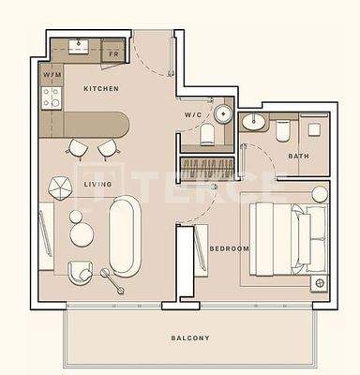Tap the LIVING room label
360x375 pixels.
click(x=97, y=185)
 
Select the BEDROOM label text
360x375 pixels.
click(x=229, y=248)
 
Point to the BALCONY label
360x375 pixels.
click(x=190, y=337)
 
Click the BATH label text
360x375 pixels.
click(x=298, y=157)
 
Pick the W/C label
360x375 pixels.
click(x=194, y=116)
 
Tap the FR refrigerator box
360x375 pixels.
click(x=112, y=54)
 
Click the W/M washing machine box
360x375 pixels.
click(x=52, y=73)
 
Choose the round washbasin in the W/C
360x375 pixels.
click(x=222, y=114)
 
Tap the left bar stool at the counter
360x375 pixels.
click(x=76, y=147)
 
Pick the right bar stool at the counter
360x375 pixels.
click(x=107, y=147)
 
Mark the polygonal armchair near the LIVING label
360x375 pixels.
click(x=60, y=186)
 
